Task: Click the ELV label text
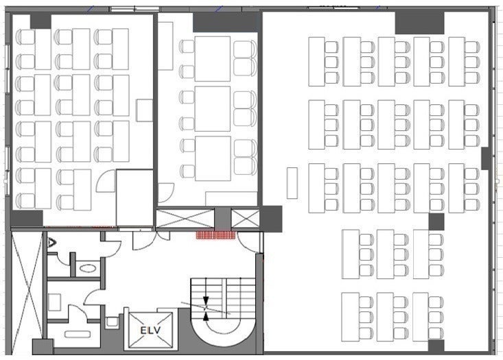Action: point(150,331)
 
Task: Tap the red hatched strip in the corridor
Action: point(216,235)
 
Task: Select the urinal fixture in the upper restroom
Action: point(51,242)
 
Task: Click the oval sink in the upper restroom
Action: point(87,268)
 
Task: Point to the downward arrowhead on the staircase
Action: point(206,301)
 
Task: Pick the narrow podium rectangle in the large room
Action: point(292,182)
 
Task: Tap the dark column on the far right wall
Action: point(486,158)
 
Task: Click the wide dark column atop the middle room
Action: point(225,23)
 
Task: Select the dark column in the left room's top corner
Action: point(40,21)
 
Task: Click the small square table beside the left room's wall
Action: point(144,110)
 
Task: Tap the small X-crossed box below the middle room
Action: point(245,219)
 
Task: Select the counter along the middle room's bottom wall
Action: point(231,199)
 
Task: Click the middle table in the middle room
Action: point(213,108)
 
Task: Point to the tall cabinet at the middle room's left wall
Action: point(165,46)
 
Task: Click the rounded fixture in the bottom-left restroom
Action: point(78,335)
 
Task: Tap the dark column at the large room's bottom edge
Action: point(436,346)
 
